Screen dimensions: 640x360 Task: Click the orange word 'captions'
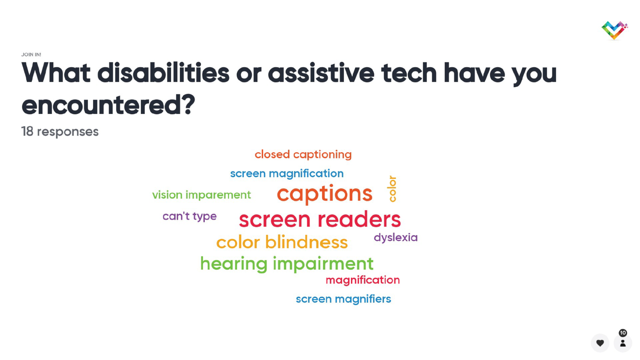tap(324, 194)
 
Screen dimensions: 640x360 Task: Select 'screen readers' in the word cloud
tap(320, 220)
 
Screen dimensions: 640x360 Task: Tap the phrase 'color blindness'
tap(282, 242)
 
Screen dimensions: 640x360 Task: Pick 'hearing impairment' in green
tap(286, 264)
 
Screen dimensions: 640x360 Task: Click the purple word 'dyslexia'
tap(396, 238)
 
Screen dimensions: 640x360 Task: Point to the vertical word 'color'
tap(392, 189)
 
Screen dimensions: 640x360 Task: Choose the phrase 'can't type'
tap(190, 216)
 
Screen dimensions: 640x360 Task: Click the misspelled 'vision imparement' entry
tap(202, 195)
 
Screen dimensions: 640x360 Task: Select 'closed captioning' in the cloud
tap(303, 154)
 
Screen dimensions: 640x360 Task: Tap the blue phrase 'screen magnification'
tap(287, 174)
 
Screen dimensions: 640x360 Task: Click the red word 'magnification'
tap(362, 280)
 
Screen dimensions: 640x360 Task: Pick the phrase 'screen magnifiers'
tap(344, 299)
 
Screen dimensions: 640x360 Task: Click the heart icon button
tap(600, 343)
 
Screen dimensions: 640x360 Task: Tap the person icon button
tap(623, 343)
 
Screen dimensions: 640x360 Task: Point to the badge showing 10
tap(623, 333)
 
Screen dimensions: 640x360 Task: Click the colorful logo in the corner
tap(614, 30)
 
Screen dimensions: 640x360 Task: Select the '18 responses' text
tap(60, 132)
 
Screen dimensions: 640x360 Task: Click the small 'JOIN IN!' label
tap(31, 54)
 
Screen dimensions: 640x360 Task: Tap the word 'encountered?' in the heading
tap(108, 105)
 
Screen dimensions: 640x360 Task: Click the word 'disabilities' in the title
tap(163, 73)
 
